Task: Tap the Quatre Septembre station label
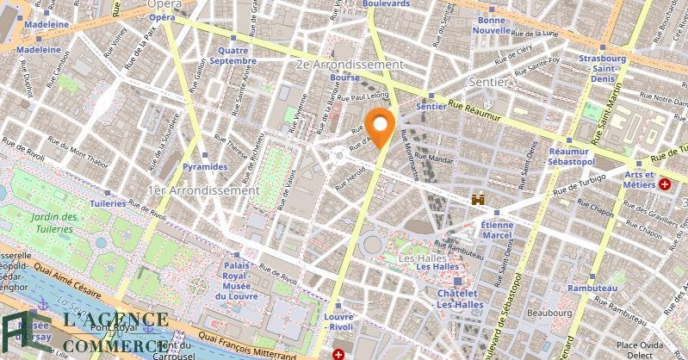coord(233,55)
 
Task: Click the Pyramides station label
coord(205,166)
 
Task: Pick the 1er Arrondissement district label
coord(202,189)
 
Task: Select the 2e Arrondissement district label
coord(348,65)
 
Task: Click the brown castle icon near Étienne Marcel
coord(478,200)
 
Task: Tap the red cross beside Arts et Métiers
coord(664,184)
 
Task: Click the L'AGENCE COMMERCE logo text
coord(95,333)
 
